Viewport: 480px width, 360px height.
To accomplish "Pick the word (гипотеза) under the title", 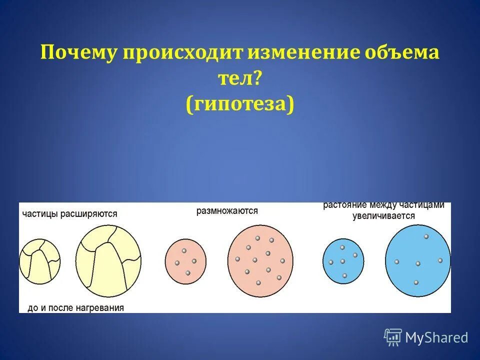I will [240, 104].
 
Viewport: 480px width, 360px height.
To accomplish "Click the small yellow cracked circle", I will [39, 261].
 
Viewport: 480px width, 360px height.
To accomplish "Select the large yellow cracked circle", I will [108, 261].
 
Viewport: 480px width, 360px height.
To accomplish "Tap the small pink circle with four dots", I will [185, 261].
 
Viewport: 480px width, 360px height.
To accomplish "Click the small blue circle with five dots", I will [343, 262].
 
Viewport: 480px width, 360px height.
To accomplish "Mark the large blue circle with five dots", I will [417, 261].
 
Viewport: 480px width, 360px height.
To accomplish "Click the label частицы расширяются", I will [69, 214].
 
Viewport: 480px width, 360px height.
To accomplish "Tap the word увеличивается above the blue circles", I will [383, 216].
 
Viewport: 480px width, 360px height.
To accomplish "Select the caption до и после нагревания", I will [75, 308].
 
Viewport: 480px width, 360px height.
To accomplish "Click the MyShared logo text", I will [436, 338].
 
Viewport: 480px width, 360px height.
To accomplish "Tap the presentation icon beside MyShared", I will [393, 337].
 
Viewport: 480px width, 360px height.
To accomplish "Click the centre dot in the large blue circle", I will [418, 263].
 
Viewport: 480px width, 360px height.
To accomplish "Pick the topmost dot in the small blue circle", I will [342, 247].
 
